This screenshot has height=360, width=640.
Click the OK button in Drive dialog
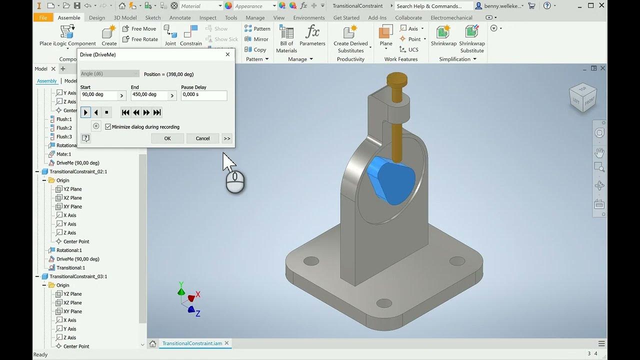tap(167, 138)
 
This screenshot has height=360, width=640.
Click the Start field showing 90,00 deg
tap(98, 95)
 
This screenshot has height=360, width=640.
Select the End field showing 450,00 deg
tap(149, 95)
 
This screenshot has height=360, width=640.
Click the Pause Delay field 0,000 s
tap(203, 95)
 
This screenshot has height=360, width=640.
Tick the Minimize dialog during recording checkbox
tap(108, 127)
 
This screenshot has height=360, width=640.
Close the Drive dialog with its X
tap(228, 54)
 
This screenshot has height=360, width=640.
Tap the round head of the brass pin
tap(396, 79)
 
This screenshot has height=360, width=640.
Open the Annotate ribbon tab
tap(180, 17)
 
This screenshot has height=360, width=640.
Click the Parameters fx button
tap(312, 36)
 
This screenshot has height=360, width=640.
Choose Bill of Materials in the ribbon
tap(286, 38)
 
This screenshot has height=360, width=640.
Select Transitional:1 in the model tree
tap(70, 268)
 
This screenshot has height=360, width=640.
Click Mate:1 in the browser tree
tap(63, 154)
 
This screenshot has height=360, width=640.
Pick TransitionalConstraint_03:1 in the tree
tap(78, 276)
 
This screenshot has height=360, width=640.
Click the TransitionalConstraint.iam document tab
tap(192, 343)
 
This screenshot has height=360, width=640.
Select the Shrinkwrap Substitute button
tap(472, 38)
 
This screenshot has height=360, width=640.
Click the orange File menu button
tap(43, 17)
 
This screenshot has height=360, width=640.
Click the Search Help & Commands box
tap(433, 6)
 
